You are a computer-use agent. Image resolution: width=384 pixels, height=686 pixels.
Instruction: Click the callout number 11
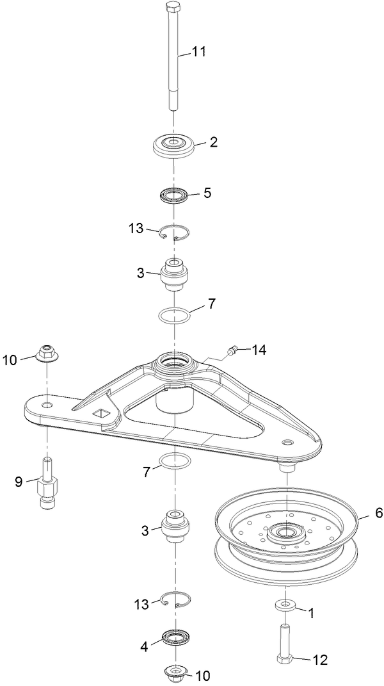coord(198,52)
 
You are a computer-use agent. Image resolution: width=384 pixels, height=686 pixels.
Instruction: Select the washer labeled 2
coord(174,145)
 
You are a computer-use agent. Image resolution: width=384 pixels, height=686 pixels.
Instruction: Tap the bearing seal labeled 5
coord(174,194)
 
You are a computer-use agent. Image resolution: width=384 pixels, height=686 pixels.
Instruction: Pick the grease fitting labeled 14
coord(233,350)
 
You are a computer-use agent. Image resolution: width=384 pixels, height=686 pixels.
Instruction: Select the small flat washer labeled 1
coord(284,605)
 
